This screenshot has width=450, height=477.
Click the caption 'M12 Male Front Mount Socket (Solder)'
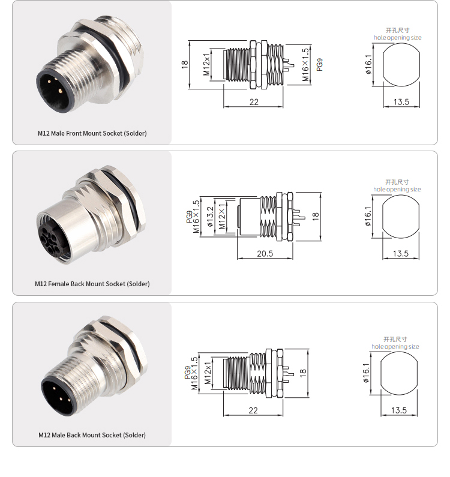pos(92,133)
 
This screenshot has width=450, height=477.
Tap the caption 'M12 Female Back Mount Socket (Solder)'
pos(92,284)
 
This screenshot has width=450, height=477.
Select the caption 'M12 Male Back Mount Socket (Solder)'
pos(92,435)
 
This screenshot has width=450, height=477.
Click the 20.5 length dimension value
pos(265,253)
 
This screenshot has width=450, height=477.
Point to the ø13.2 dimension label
pos(210,217)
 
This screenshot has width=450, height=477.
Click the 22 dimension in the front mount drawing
pos(254,102)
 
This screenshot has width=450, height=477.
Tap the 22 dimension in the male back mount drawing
pos(253,410)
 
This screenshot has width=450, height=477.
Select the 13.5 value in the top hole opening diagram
pos(401,102)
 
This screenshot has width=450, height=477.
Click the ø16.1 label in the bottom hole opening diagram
pos(366,373)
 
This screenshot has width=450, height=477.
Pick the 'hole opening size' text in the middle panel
pos(397,189)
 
